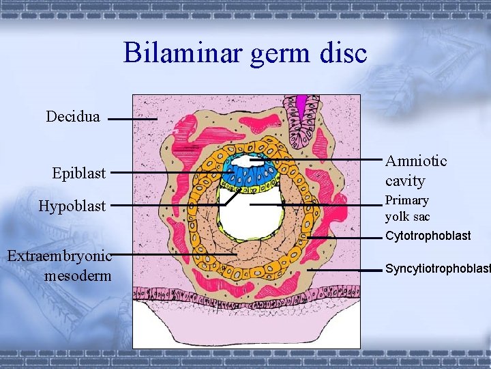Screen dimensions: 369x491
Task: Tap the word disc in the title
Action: coord(342,53)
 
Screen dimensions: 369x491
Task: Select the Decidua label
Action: coord(73,117)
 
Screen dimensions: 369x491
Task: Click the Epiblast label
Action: coord(79,173)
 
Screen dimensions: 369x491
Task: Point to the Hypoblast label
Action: coord(72,206)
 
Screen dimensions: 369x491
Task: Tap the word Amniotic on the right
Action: coord(416,161)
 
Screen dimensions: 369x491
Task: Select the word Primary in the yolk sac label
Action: coord(407,200)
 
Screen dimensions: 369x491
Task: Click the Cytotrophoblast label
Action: coord(428,236)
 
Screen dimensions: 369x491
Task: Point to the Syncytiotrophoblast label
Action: coord(437,269)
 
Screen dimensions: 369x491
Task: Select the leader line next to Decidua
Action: coord(132,119)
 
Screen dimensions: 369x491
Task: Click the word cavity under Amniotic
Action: coord(405,181)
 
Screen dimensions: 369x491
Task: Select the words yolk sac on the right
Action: coord(408,217)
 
